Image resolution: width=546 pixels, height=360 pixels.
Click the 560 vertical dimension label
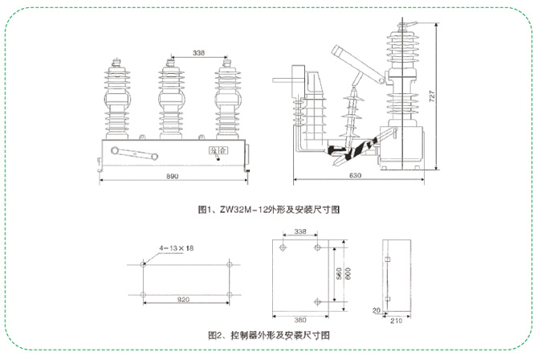pos(339,273)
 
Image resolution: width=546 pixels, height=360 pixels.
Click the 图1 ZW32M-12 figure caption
pos(270,210)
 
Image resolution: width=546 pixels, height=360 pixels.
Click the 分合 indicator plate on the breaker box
pos(208,149)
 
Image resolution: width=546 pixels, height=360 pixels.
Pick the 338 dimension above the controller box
pos(301,232)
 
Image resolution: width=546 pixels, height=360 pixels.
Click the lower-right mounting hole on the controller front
pos(319,302)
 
